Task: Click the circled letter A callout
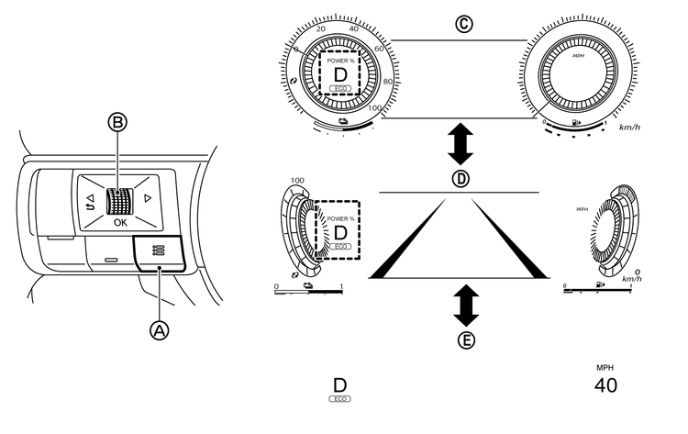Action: coord(160,330)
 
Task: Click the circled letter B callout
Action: coord(117,122)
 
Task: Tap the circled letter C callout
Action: coord(464,24)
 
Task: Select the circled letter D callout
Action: coord(461,179)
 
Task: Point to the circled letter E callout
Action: coord(466,340)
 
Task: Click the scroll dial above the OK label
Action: coord(119,202)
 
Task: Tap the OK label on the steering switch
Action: coord(120,222)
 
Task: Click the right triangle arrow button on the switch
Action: coord(148,198)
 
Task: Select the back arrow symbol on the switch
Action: coord(90,202)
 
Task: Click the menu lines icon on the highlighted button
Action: coord(159,250)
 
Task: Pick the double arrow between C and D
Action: coord(461,144)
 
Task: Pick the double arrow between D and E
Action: coord(466,306)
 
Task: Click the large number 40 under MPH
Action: coord(605,385)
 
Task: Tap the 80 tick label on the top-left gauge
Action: coord(388,82)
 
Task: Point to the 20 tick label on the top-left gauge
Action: coord(321,29)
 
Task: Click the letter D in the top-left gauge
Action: coord(340,75)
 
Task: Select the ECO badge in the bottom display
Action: coord(340,399)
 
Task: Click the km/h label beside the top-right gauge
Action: coord(629,128)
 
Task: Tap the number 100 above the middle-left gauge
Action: coord(297,181)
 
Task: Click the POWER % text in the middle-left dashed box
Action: coord(340,218)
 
